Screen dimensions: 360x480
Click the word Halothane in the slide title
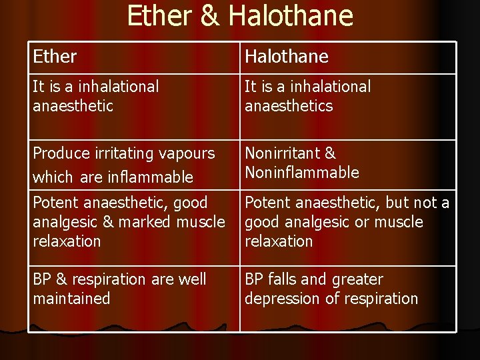pyautogui.click(x=290, y=15)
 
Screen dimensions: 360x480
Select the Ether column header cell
pyautogui.click(x=133, y=57)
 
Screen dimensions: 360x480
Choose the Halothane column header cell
pyautogui.click(x=348, y=57)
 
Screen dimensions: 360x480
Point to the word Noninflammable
pyautogui.click(x=302, y=173)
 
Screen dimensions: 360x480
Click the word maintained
pyautogui.click(x=71, y=299)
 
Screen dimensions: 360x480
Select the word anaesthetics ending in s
pyautogui.click(x=289, y=106)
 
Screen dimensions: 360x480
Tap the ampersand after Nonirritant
pyautogui.click(x=329, y=153)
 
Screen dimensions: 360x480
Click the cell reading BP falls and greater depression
pyautogui.click(x=348, y=299)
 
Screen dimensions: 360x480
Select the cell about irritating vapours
pyautogui.click(x=133, y=165)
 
